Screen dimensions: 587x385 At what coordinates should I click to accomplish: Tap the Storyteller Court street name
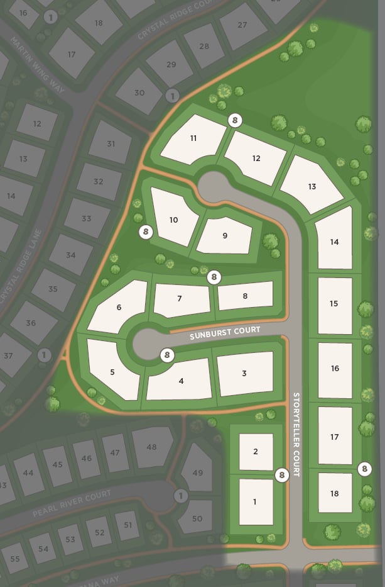click(296, 434)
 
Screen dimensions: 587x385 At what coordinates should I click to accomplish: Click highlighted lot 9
click(224, 235)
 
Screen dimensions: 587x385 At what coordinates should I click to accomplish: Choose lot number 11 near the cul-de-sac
click(193, 138)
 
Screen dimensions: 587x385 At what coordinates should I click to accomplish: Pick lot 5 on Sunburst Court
click(112, 371)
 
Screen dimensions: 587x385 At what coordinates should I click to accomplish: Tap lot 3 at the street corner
click(244, 373)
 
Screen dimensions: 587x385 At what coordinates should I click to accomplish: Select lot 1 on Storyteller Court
click(255, 501)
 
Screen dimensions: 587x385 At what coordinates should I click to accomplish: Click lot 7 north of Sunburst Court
click(180, 298)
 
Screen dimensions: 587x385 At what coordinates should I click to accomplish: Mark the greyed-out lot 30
click(139, 92)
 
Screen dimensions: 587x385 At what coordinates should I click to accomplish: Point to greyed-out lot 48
click(151, 447)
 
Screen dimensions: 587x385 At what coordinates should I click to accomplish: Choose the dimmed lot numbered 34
click(70, 255)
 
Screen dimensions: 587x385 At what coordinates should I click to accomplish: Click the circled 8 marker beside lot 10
click(146, 232)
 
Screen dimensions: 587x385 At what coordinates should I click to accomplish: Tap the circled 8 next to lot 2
click(282, 475)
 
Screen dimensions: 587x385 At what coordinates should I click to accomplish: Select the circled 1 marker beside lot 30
click(172, 96)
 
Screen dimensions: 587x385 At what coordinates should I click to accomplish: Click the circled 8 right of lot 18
click(364, 469)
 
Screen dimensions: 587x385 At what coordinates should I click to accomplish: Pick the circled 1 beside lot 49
click(181, 496)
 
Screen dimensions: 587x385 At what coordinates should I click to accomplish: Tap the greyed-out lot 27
click(242, 25)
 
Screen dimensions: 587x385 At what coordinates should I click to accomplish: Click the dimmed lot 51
click(127, 525)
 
